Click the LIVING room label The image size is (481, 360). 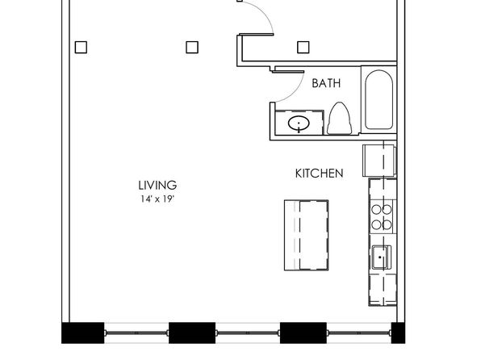point(157,186)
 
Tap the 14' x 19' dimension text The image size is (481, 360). point(157,199)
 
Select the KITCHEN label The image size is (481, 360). point(319,174)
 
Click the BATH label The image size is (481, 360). point(326,83)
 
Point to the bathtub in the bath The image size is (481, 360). point(379,100)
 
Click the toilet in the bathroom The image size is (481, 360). point(339,119)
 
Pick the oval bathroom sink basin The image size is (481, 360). point(299,123)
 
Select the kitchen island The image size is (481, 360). point(307,235)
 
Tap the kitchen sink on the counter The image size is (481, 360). point(382,257)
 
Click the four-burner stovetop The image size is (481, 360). point(382,217)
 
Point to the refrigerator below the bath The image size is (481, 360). point(379,161)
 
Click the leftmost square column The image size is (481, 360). point(81,48)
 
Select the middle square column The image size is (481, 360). point(192,48)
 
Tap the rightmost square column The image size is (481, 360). point(303,48)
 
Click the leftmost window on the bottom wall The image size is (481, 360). point(136,333)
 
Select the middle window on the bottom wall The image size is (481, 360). point(248,333)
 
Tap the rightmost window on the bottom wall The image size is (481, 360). point(359,333)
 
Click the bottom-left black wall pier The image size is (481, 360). point(83,333)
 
